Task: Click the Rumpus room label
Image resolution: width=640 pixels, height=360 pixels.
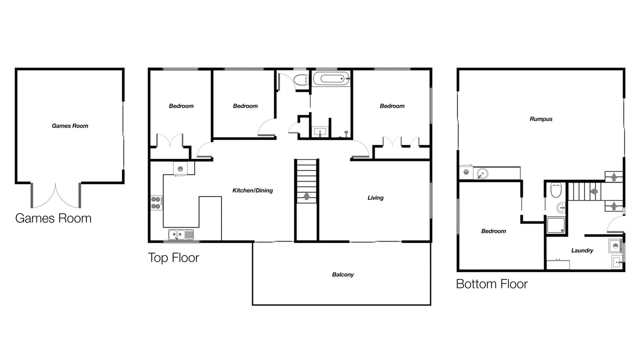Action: tap(541, 119)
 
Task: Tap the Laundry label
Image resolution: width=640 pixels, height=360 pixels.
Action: tap(582, 250)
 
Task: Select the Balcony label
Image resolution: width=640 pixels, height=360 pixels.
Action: tap(343, 274)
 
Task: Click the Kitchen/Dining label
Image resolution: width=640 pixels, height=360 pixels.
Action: tap(252, 190)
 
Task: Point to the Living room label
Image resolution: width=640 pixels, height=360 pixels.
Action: tap(375, 197)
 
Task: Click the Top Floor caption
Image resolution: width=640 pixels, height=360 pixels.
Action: tap(173, 257)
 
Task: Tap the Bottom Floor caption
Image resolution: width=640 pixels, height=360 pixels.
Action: tap(491, 284)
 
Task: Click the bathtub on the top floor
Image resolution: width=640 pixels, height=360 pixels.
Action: tap(331, 78)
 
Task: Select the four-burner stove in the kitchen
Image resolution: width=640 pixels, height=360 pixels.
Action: tap(156, 203)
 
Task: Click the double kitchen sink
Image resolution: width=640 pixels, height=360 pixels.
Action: tap(181, 235)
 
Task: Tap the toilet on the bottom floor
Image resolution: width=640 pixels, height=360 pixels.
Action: tap(556, 190)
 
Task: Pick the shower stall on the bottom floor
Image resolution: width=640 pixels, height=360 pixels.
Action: tap(555, 225)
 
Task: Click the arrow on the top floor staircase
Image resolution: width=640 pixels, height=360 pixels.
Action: tap(306, 195)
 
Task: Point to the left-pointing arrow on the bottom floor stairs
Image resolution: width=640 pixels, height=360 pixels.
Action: tap(594, 191)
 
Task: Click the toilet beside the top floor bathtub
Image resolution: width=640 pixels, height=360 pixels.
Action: tap(301, 80)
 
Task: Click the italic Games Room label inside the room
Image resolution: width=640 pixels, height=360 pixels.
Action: tap(70, 126)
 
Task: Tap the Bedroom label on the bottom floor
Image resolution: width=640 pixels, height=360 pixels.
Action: tap(493, 231)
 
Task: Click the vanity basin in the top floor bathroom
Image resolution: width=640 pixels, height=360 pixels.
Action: tap(320, 132)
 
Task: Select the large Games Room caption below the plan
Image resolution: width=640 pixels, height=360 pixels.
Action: tap(53, 218)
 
